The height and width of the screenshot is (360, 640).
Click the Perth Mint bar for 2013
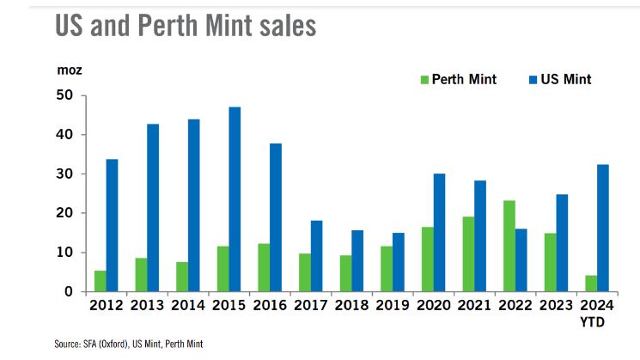coord(141,275)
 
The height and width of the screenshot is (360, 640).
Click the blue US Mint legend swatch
coord(533,80)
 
